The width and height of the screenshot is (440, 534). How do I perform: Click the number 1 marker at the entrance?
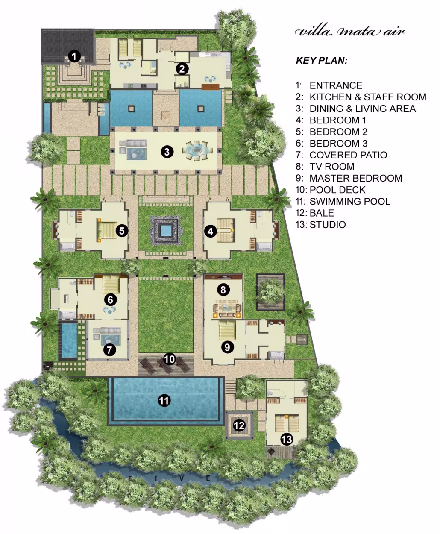click(x=74, y=56)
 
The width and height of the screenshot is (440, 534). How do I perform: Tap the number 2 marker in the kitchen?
click(x=182, y=69)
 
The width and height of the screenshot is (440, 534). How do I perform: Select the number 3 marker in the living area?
click(x=167, y=152)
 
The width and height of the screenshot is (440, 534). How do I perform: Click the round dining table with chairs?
click(x=197, y=150)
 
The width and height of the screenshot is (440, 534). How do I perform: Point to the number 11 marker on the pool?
click(x=164, y=400)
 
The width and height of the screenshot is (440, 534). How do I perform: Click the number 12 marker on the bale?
click(x=239, y=425)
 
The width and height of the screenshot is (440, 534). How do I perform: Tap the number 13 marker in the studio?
click(x=287, y=439)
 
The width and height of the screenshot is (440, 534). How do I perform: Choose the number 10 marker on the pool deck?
click(x=169, y=359)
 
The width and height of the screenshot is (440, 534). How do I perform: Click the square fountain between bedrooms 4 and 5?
click(x=166, y=231)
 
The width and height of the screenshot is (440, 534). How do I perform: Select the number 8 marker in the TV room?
click(x=223, y=290)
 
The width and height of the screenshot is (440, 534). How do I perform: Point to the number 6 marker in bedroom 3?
click(x=111, y=299)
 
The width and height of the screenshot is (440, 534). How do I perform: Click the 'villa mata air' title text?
click(x=350, y=32)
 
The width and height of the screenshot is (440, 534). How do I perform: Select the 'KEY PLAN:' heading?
click(x=322, y=61)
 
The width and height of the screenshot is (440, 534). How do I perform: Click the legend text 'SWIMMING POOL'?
click(x=350, y=202)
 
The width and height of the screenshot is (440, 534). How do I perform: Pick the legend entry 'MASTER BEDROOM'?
click(x=356, y=178)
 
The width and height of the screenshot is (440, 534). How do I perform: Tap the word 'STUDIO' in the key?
click(x=328, y=225)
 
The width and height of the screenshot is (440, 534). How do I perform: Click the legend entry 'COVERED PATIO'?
click(x=348, y=155)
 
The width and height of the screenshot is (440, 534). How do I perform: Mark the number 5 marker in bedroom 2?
click(x=122, y=231)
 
